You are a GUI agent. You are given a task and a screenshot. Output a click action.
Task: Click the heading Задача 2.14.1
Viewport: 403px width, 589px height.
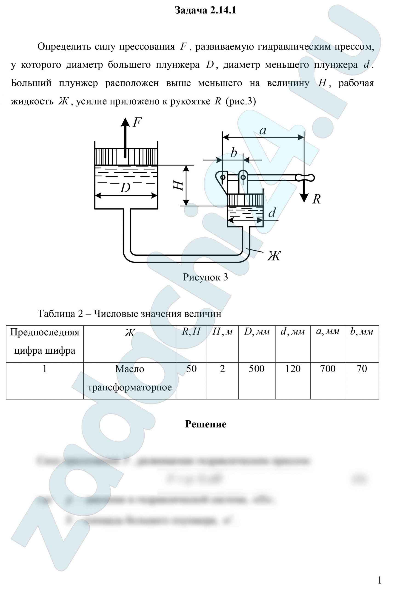click(x=206, y=10)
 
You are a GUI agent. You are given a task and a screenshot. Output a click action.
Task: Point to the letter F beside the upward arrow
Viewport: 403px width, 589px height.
click(x=137, y=123)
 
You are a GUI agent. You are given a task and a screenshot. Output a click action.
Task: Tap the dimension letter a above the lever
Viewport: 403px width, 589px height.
click(x=263, y=131)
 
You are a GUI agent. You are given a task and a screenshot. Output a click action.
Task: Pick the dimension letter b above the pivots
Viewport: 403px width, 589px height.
click(x=234, y=153)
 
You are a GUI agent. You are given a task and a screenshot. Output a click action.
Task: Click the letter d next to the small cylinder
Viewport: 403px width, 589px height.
click(x=272, y=213)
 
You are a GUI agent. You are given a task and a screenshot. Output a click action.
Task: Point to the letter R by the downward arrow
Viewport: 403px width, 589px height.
click(x=316, y=199)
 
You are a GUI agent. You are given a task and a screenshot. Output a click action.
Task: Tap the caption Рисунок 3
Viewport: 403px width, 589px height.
click(x=206, y=277)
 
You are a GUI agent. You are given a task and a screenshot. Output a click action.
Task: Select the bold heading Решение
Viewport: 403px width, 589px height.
click(x=206, y=424)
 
